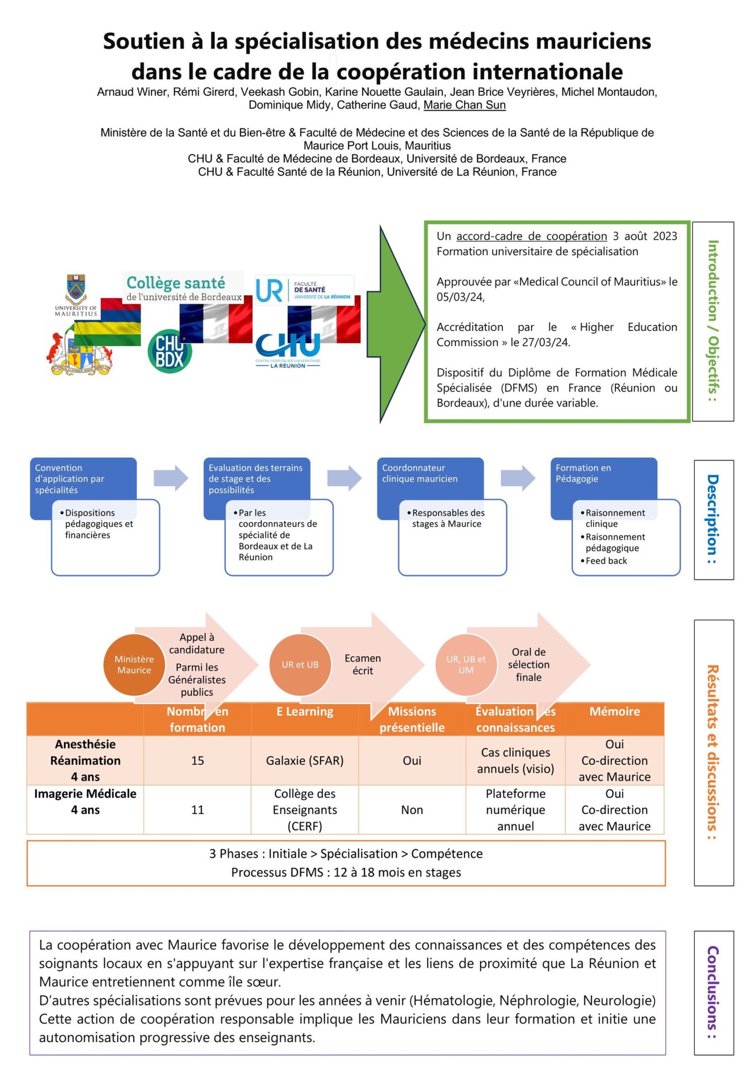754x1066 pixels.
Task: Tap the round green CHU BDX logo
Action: (170, 351)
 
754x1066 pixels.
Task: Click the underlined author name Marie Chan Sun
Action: (464, 105)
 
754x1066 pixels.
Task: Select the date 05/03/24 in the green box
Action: (460, 297)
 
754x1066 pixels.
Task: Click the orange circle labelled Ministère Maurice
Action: (134, 665)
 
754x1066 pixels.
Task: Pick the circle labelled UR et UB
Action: (300, 665)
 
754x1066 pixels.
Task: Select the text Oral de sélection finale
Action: (528, 665)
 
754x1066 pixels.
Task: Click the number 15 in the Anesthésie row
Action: (197, 760)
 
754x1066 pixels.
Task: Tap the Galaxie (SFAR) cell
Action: (305, 760)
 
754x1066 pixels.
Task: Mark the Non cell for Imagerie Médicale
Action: (412, 810)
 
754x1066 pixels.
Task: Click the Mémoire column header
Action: (614, 711)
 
